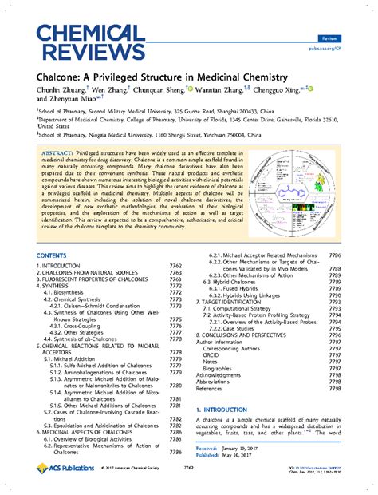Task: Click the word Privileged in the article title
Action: [122, 76]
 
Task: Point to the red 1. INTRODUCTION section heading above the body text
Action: [232, 409]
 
